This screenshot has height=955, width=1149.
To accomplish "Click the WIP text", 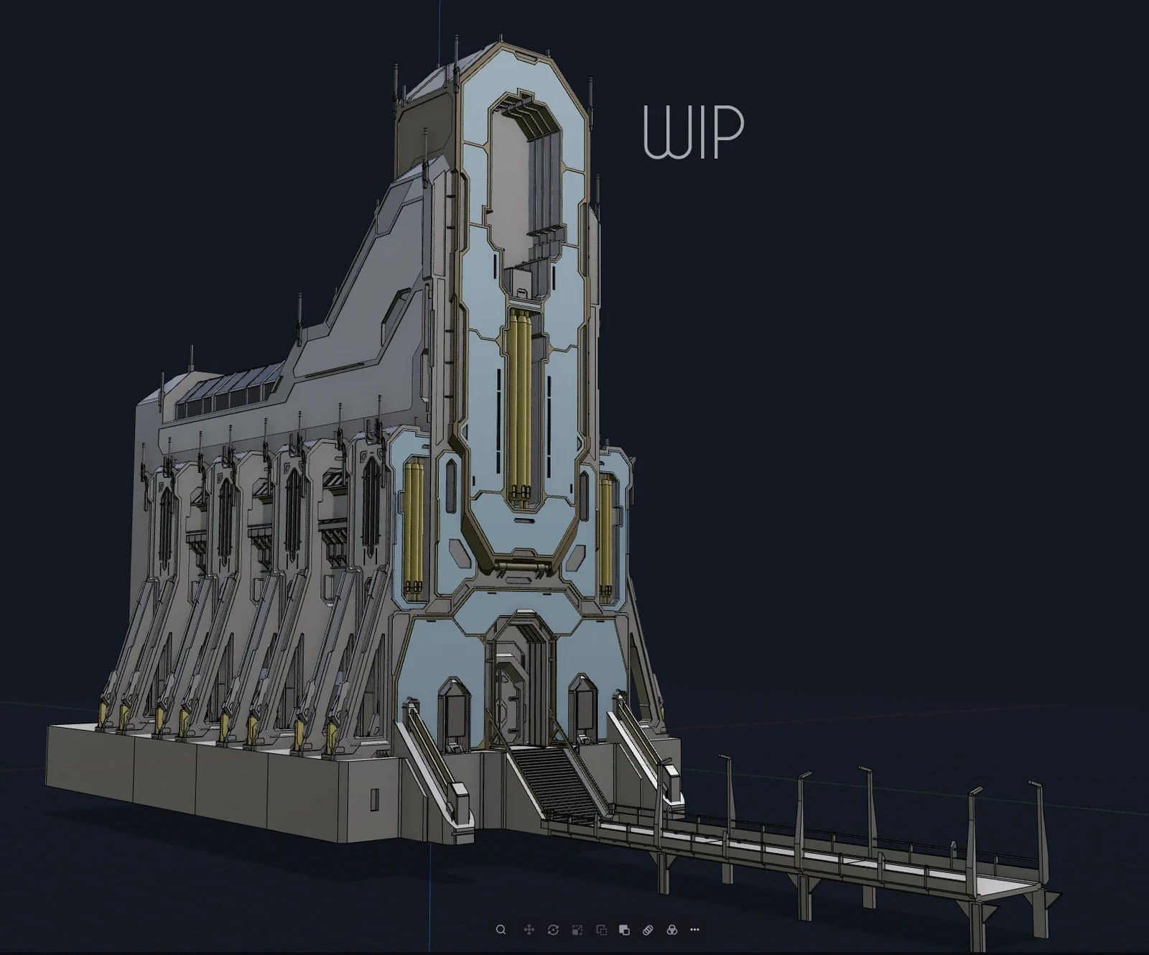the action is [x=693, y=132].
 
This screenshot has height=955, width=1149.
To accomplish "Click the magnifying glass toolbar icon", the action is [x=501, y=930].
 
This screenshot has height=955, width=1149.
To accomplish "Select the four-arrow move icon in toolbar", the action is [x=529, y=930].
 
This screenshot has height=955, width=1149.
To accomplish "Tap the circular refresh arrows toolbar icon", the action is [x=553, y=930].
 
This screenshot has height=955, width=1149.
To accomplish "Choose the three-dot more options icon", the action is [x=694, y=930].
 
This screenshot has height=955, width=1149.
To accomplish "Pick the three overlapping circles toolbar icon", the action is [x=672, y=930].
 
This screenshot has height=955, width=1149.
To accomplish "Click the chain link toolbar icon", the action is [x=648, y=930].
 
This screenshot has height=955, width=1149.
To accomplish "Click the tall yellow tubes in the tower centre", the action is [x=520, y=406].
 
